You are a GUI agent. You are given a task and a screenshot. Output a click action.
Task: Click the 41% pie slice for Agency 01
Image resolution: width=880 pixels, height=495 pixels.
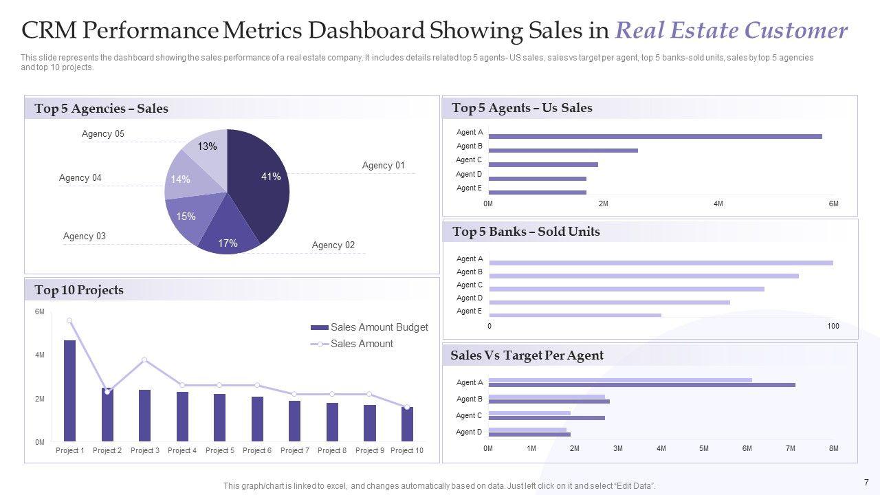coord(261,182)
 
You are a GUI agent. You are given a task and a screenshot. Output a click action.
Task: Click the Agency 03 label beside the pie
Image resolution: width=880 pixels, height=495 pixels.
coord(85,236)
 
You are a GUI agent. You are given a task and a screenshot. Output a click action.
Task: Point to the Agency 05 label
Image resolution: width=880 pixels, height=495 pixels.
coord(103,134)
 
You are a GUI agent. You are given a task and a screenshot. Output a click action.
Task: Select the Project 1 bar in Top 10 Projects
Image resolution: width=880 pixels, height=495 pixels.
coord(69,390)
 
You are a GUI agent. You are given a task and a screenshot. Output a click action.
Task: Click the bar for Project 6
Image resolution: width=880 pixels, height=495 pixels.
coord(257,419)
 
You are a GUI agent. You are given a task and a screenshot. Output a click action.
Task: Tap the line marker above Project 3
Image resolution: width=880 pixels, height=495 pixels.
coord(144,360)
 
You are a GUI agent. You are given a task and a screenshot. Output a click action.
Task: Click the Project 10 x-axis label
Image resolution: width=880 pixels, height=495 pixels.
coord(407,450)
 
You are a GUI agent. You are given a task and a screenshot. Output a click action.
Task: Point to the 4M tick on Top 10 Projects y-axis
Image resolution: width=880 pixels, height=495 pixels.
coord(40,355)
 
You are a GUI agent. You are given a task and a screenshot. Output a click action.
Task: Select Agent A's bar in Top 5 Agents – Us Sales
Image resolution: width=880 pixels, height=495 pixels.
coord(654,136)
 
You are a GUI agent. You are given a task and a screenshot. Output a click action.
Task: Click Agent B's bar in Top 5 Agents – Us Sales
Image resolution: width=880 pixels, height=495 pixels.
coord(563,150)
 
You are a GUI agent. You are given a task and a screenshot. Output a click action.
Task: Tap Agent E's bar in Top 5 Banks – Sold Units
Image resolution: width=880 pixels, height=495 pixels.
coord(575,315)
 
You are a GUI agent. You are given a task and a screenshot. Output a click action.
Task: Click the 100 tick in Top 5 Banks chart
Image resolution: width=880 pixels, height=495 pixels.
coord(833,326)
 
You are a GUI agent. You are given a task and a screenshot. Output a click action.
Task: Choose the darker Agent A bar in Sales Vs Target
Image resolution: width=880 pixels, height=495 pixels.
coord(641,385)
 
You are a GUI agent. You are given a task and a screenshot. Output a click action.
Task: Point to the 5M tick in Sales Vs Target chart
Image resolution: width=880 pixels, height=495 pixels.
coord(704,449)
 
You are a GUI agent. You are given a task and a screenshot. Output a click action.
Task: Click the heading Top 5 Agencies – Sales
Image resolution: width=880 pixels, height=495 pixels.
coord(101,109)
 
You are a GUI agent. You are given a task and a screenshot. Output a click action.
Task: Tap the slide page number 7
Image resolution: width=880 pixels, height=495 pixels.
coord(866,482)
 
